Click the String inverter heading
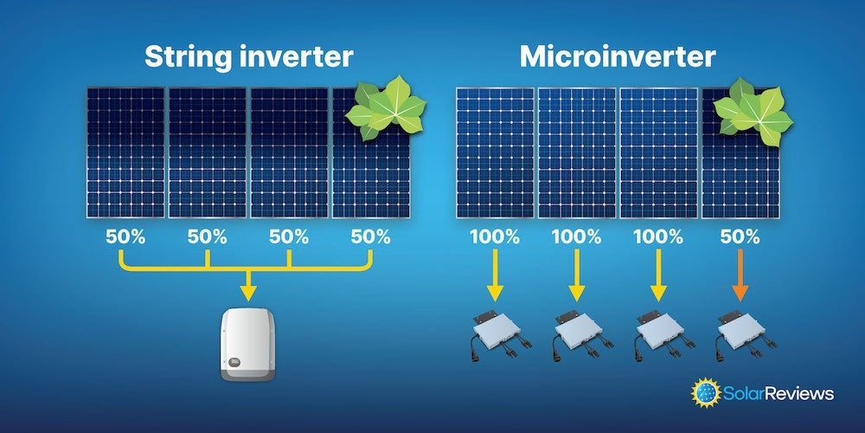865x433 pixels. pos(248,57)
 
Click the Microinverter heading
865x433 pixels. pos(618,57)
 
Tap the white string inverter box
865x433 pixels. pos(247,345)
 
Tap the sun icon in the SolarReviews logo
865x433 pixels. pos(706,392)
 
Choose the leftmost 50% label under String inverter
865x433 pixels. pos(125,236)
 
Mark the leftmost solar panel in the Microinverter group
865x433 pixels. pos(494,152)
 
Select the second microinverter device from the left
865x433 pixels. pos(575,333)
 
